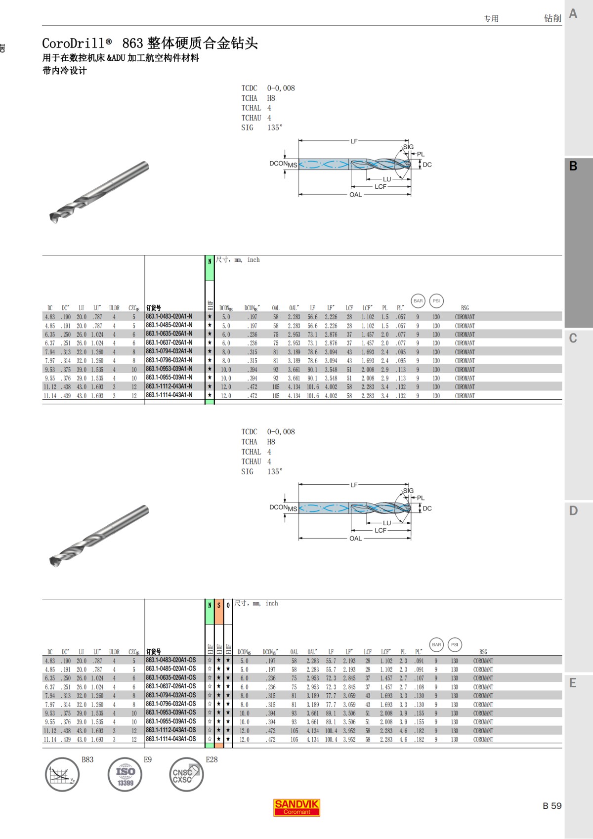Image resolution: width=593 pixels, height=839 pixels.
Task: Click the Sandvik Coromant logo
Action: pyautogui.click(x=296, y=807)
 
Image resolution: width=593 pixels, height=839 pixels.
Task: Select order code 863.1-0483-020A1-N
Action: pyautogui.click(x=169, y=317)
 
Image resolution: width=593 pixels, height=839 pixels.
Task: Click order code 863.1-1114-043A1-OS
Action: pyautogui.click(x=171, y=739)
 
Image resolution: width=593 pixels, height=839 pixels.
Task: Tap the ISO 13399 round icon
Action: pyautogui.click(x=125, y=774)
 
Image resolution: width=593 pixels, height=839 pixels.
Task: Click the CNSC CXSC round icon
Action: pyautogui.click(x=186, y=774)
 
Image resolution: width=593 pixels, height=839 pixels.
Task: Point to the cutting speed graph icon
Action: pyautogui.click(x=62, y=774)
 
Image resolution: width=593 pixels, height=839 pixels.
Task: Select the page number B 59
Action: pyautogui.click(x=552, y=806)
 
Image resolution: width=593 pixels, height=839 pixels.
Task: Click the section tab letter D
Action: pyautogui.click(x=573, y=510)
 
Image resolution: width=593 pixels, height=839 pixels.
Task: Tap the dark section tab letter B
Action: pyautogui.click(x=573, y=166)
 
